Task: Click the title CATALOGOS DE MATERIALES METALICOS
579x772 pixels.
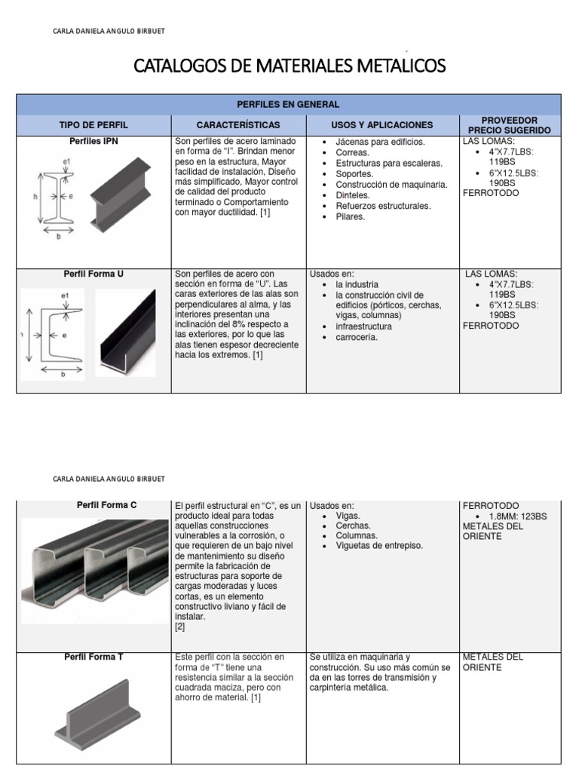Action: pyautogui.click(x=289, y=66)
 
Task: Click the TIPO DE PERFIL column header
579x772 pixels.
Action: pyautogui.click(x=93, y=124)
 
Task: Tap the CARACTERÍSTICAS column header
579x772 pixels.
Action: pyautogui.click(x=237, y=124)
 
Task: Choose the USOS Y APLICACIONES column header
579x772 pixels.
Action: pyautogui.click(x=382, y=124)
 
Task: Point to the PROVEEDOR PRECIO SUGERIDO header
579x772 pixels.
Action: pyautogui.click(x=510, y=125)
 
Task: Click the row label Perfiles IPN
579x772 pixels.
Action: pyautogui.click(x=93, y=141)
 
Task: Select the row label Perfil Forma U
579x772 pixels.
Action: pyautogui.click(x=93, y=274)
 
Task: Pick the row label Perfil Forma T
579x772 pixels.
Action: pyautogui.click(x=94, y=657)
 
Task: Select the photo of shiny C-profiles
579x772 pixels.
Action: pyautogui.click(x=94, y=568)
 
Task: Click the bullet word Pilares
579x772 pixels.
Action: pyautogui.click(x=350, y=216)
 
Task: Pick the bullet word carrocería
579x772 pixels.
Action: pyautogui.click(x=357, y=337)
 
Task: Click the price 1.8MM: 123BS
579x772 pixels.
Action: pyautogui.click(x=518, y=516)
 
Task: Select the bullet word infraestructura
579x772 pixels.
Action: pyautogui.click(x=363, y=326)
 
